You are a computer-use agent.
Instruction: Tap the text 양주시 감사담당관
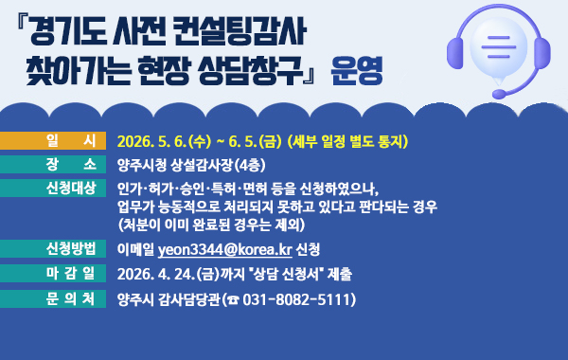(x=167, y=299)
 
